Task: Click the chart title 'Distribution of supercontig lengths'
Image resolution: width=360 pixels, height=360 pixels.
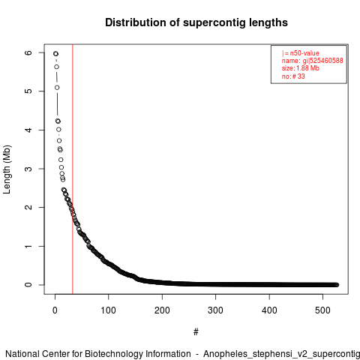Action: pos(196,22)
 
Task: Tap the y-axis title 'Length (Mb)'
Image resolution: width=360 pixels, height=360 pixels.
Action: pos(7,169)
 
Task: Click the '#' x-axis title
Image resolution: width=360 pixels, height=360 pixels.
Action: pos(196,331)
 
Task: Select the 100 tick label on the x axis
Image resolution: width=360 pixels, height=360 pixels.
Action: pos(108,310)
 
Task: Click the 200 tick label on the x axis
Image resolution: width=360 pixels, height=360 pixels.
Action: pos(162,310)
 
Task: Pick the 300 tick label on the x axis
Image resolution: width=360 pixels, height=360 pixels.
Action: pos(215,310)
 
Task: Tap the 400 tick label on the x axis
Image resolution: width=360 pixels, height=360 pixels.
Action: pos(269,310)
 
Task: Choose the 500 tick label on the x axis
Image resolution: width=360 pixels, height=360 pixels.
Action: pos(322,310)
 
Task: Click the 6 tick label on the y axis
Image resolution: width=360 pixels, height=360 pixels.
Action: pos(28,52)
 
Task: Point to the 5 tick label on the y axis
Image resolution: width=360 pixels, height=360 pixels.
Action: pos(28,91)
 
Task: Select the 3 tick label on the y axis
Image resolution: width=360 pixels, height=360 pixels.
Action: pos(28,169)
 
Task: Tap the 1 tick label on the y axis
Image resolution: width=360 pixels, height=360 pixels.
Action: pos(28,246)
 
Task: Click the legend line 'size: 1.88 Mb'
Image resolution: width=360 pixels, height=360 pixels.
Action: pos(301,68)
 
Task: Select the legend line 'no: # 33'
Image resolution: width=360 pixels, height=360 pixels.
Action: pos(293,76)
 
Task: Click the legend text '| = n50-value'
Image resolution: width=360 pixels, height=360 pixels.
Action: pos(301,53)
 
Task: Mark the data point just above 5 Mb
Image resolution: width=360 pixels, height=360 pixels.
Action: pos(57,88)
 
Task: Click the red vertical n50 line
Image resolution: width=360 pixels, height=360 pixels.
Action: pos(73,169)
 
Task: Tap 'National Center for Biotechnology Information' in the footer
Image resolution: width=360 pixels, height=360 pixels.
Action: pos(98,354)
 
